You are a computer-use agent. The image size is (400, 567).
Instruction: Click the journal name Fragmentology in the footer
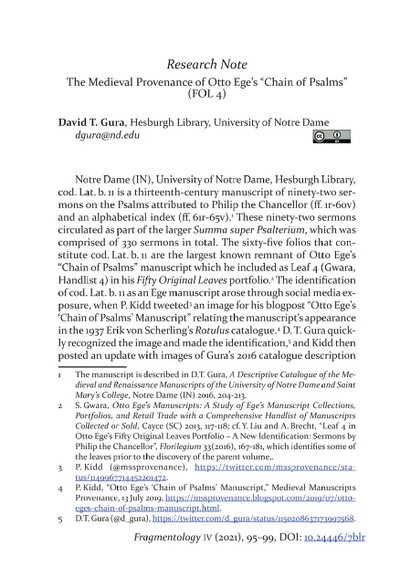tap(201, 552)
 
